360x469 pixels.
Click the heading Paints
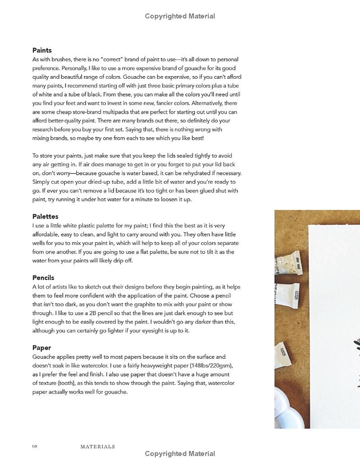pyautogui.click(x=42, y=50)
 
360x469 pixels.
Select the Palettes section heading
pyautogui.click(x=45, y=217)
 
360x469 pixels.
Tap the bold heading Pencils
pyautogui.click(x=43, y=278)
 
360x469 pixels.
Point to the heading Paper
pyautogui.click(x=41, y=348)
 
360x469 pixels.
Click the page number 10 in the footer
pyautogui.click(x=34, y=446)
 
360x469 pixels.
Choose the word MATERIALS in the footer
pyautogui.click(x=98, y=446)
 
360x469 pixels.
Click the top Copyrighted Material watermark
pyautogui.click(x=180, y=16)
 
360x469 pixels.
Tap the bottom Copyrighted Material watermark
pyautogui.click(x=180, y=454)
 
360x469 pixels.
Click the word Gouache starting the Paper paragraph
pyautogui.click(x=44, y=357)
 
